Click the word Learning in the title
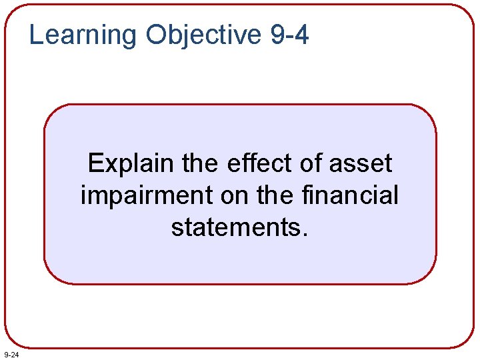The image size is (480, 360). tap(83, 35)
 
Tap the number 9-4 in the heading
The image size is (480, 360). tap(290, 35)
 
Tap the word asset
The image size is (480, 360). tap(361, 163)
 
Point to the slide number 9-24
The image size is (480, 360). tap(11, 353)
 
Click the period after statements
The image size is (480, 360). tap(305, 235)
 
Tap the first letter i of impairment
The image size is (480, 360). tap(84, 196)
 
